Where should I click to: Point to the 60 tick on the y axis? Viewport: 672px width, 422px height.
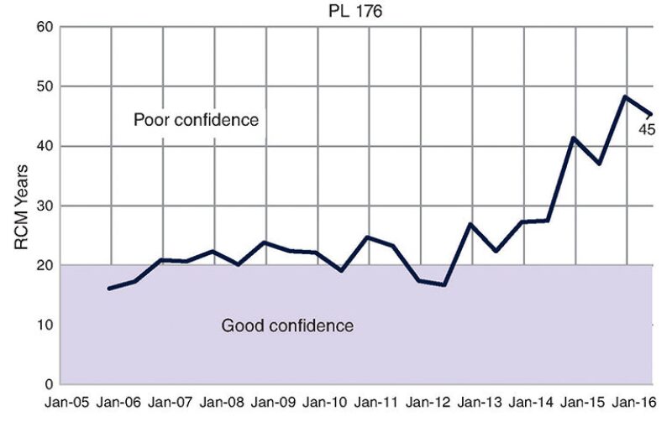45,27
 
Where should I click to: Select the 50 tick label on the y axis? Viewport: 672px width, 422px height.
45,86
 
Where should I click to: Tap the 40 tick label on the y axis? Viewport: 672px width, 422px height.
45,146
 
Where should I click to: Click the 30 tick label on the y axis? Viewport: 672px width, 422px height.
45,206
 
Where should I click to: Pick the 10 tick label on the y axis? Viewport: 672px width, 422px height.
45,325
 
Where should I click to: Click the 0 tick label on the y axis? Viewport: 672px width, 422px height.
49,384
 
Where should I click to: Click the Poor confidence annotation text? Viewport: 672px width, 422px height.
196,120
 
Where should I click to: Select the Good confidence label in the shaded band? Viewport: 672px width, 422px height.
287,326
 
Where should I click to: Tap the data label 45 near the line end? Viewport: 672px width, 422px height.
647,129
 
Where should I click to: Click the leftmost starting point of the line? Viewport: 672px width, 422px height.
109,289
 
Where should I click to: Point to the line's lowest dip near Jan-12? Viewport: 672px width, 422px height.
444,285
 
